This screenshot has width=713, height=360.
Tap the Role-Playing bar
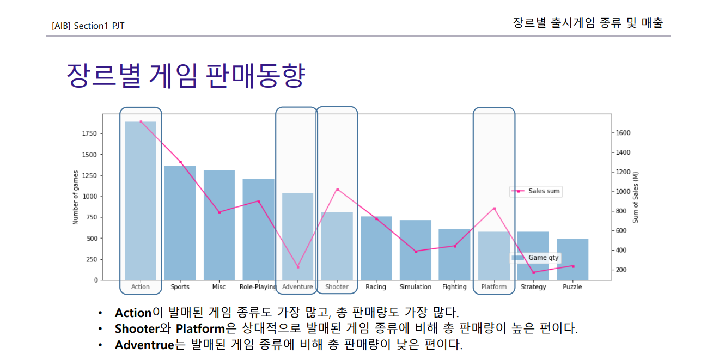(258, 229)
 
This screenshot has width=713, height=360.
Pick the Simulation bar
(415, 250)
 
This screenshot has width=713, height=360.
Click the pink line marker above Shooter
(337, 190)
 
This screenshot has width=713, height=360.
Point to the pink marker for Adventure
(297, 267)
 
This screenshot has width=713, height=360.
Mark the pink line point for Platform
(494, 209)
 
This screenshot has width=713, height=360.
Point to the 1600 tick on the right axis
(623, 133)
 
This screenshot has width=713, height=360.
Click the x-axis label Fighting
(454, 287)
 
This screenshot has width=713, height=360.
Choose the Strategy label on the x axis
(533, 287)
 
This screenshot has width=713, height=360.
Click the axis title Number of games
(76, 197)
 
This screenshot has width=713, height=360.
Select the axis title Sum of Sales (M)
(635, 197)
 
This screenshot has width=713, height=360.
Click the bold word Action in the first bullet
(133, 313)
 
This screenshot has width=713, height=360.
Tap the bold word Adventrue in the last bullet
(144, 345)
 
